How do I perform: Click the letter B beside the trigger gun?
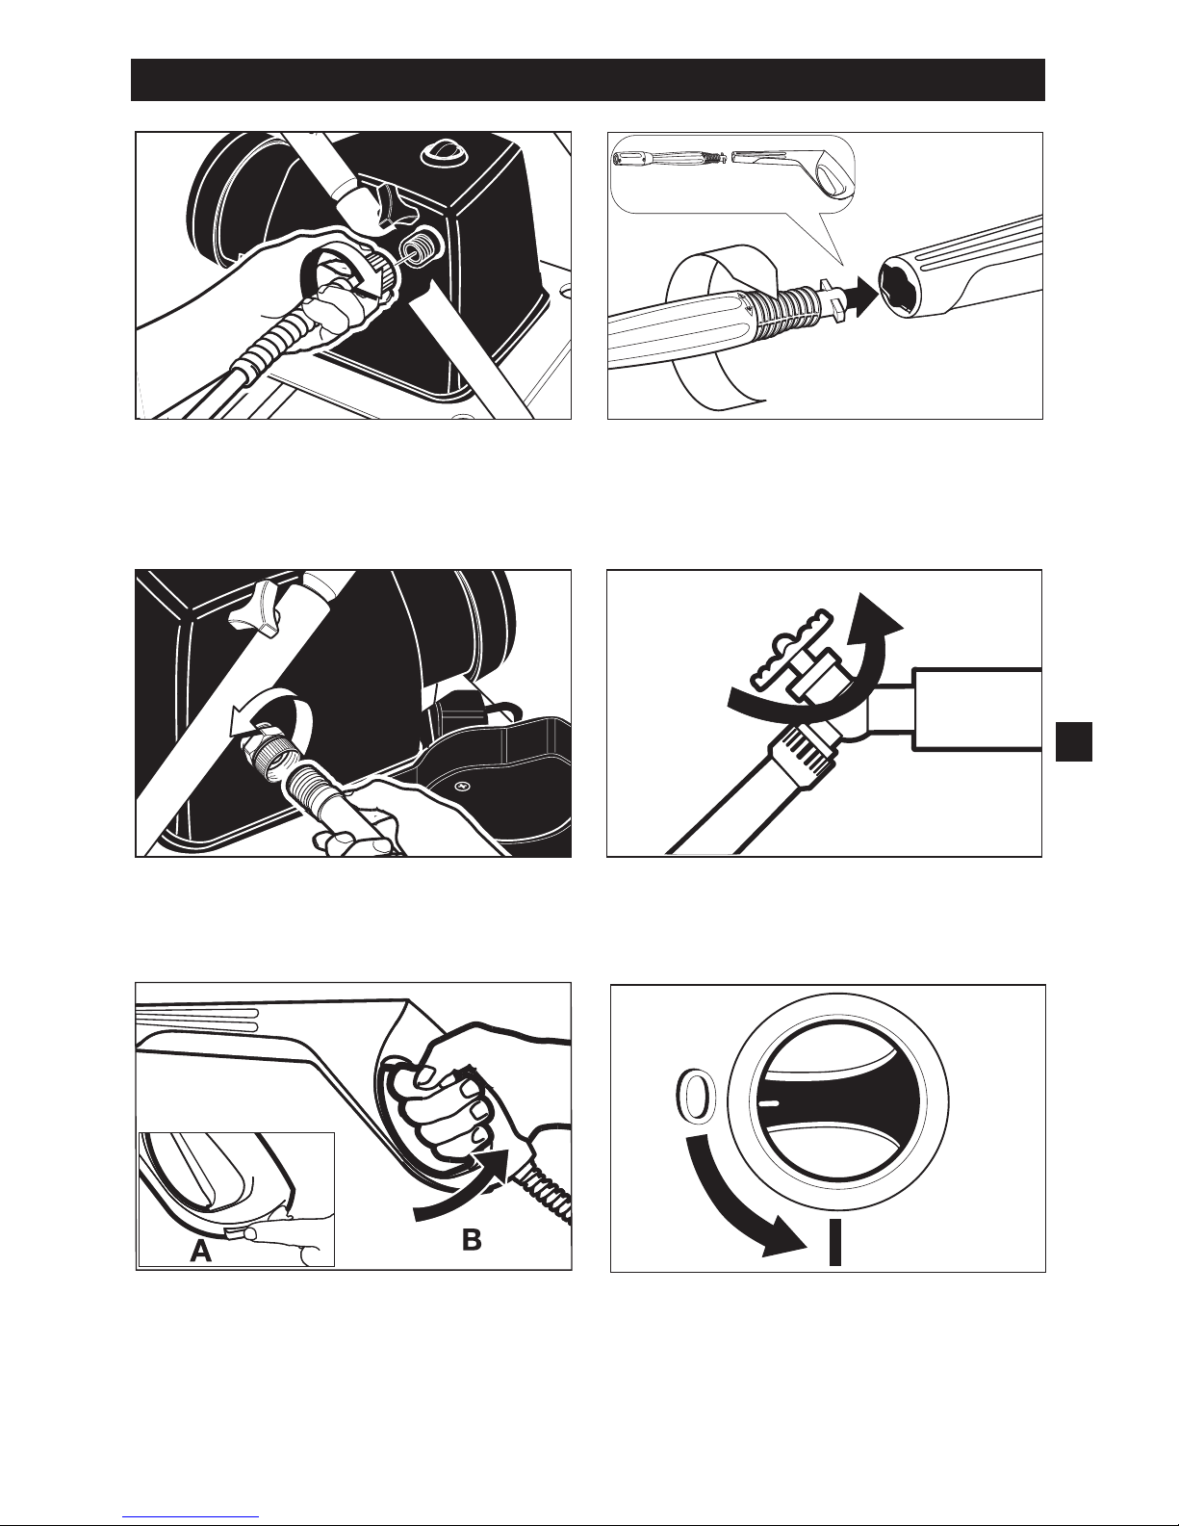[x=472, y=1239]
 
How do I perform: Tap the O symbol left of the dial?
[x=693, y=1095]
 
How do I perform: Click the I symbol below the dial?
[x=834, y=1242]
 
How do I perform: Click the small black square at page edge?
[x=1074, y=741]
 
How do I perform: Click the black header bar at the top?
[x=587, y=80]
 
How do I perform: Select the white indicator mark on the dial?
[x=769, y=1103]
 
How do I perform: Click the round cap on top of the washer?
[x=439, y=153]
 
